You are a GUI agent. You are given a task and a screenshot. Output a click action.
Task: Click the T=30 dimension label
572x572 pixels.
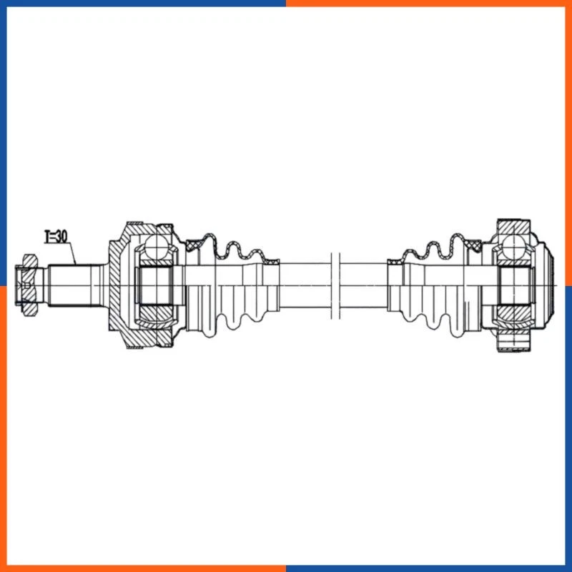click(55, 236)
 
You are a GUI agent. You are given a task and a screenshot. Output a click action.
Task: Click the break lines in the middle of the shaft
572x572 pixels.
click(334, 284)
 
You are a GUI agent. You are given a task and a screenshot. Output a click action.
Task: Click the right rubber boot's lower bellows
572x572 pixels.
click(436, 315)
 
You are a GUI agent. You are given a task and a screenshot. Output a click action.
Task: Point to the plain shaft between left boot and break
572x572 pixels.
click(304, 284)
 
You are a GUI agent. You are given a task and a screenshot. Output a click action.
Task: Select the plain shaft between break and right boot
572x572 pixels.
click(363, 284)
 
